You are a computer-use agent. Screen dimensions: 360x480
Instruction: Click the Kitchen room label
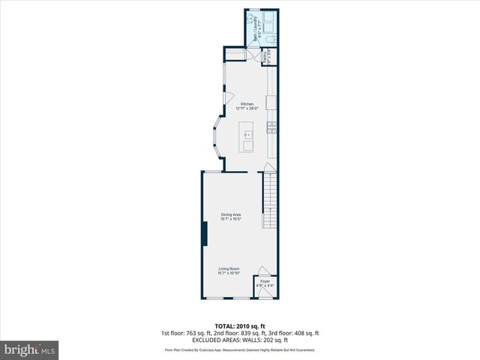(x=247, y=104)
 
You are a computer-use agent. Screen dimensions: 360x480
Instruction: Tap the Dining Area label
(x=230, y=214)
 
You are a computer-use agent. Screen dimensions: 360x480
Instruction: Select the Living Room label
(x=229, y=268)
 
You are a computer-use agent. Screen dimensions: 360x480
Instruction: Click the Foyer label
(x=265, y=281)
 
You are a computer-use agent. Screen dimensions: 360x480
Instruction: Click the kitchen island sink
(x=247, y=136)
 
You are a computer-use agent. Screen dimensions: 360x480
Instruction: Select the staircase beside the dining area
(x=270, y=199)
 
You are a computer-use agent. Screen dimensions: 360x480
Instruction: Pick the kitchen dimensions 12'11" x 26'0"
(x=247, y=109)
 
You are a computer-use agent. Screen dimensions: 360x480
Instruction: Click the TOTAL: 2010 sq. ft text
(x=239, y=326)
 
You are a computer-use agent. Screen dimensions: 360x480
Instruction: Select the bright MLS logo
(x=30, y=349)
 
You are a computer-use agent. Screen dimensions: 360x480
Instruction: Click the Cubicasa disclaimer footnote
(x=240, y=350)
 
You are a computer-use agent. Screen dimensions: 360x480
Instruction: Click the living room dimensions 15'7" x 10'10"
(x=229, y=273)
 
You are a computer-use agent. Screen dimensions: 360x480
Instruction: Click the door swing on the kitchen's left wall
(x=229, y=97)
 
